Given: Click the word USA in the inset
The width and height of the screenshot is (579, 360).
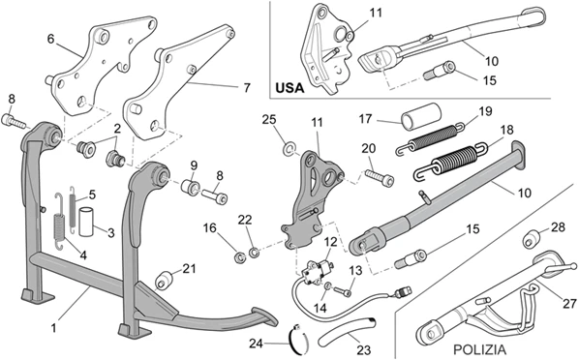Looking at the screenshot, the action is (x=289, y=88).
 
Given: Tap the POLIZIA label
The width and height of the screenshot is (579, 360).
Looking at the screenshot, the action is (x=479, y=349).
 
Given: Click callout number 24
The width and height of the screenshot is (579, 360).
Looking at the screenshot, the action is (x=256, y=344).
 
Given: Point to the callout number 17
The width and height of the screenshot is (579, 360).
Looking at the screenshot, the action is (x=365, y=119).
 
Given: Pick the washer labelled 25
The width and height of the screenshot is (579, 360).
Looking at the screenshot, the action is (x=289, y=150).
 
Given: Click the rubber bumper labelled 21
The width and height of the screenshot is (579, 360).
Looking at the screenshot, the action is (x=165, y=281).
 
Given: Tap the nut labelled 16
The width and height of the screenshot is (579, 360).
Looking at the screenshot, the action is (x=239, y=256).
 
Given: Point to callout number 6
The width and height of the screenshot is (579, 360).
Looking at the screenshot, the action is (x=51, y=39).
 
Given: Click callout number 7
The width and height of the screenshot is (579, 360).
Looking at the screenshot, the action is (x=247, y=88).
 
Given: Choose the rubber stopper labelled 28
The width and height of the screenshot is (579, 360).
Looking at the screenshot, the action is (x=532, y=239).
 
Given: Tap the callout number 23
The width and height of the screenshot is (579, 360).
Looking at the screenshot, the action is (x=364, y=349).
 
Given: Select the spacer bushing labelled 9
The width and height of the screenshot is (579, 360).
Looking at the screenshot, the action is (x=190, y=186).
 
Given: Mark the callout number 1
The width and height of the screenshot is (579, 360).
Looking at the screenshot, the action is (x=54, y=327).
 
